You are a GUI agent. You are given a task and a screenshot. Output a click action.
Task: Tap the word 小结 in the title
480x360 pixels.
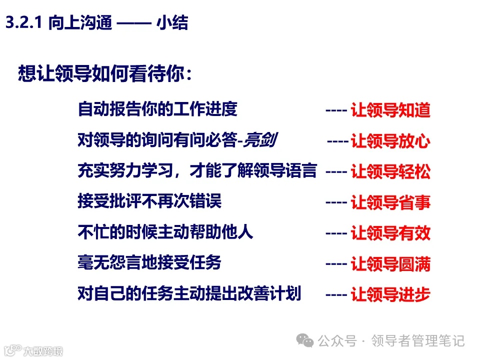pos(172,23)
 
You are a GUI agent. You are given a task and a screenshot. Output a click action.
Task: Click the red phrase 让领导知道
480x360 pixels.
pos(390,110)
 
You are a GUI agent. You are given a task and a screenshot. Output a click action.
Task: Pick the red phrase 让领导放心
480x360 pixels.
pos(390,141)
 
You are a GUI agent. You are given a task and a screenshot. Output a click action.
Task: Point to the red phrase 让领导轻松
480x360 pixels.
pos(390,172)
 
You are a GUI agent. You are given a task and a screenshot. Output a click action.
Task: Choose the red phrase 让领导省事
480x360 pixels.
pos(390,202)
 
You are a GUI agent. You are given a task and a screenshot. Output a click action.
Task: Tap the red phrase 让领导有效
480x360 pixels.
pos(390,233)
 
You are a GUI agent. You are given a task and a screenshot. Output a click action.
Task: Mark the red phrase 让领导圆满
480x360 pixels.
pos(390,263)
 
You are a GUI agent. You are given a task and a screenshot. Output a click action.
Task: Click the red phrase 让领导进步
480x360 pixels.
pos(390,294)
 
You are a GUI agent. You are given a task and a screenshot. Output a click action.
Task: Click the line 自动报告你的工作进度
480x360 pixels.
pos(157,109)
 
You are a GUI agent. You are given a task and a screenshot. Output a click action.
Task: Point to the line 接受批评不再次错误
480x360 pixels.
pos(149,201)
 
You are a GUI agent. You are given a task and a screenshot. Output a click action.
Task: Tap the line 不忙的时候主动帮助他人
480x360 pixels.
pos(165,232)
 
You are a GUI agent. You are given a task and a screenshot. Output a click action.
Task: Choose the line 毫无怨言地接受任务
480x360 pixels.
pos(149,262)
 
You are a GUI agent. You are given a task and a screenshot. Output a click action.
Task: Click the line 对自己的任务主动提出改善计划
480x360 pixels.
pos(189,293)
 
